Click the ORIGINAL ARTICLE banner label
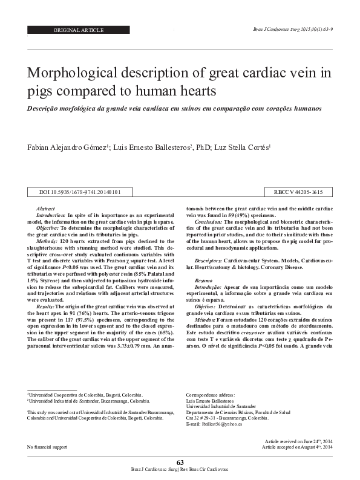pos(79,30)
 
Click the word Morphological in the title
pos(79,74)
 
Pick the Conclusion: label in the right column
pos(209,221)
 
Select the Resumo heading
pos(204,279)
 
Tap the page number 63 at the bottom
pos(180,462)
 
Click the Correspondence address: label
pos(211,394)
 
